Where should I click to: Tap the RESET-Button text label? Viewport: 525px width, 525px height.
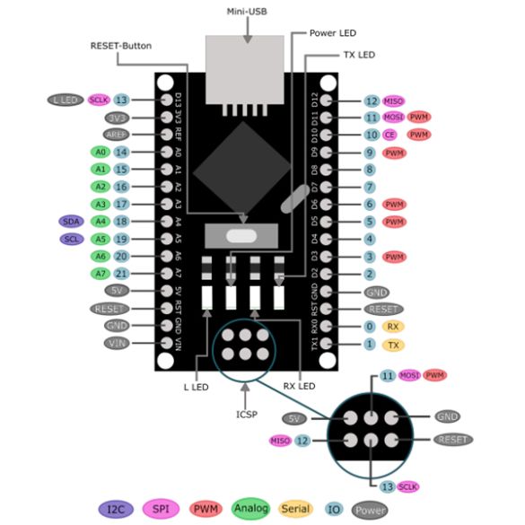[x=122, y=45]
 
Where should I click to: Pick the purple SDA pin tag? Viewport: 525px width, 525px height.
[x=71, y=221]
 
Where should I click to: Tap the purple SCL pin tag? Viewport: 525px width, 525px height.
[x=71, y=239]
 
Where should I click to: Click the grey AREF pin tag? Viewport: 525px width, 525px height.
[x=117, y=134]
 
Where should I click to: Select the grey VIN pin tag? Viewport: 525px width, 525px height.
[x=117, y=343]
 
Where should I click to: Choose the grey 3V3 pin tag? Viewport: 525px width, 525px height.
[x=117, y=117]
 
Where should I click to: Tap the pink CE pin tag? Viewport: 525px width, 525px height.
[x=390, y=135]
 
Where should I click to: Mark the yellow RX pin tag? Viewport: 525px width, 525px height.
[x=392, y=327]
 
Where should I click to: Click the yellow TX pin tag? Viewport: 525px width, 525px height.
[x=392, y=345]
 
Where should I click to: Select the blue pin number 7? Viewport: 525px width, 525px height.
[x=370, y=187]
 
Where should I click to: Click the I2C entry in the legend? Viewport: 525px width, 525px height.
[x=117, y=509]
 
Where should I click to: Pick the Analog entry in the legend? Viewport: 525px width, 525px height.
[x=252, y=509]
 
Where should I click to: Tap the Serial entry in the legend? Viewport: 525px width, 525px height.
[x=297, y=509]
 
